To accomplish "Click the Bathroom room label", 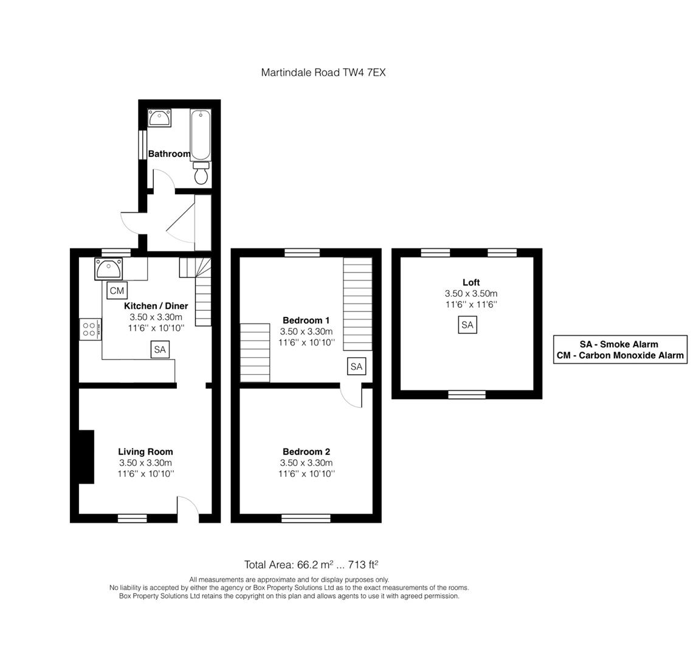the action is (169, 154).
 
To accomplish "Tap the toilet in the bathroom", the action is (201, 173).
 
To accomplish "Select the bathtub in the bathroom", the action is (201, 135).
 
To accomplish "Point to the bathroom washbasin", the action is (159, 118).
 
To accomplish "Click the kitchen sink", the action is (108, 269).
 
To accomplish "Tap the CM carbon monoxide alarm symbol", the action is (117, 291).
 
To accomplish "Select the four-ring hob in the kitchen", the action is (91, 329).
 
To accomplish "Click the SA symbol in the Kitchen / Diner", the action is (160, 350).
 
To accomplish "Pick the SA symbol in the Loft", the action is (467, 325).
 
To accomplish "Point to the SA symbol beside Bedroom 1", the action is (356, 366).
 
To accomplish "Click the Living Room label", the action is (146, 452).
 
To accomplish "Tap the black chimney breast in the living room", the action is (86, 456).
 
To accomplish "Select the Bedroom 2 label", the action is (306, 452).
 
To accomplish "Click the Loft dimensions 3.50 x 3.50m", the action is (471, 294).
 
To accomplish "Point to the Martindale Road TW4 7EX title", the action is (323, 72).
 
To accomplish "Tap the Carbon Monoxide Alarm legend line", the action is (620, 355).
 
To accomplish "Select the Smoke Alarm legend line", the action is (619, 344).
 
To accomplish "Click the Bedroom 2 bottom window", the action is (306, 518).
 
